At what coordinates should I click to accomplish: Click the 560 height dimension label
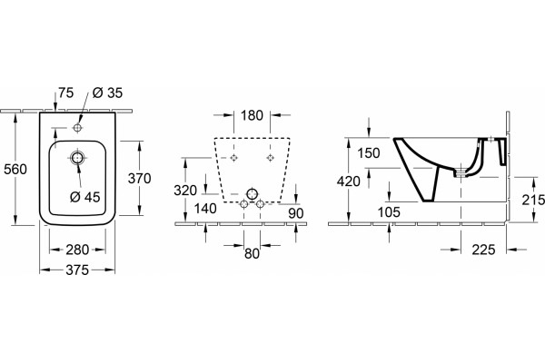click(x=15, y=169)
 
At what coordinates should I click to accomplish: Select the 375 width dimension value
click(x=77, y=270)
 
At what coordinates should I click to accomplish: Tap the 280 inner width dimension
click(x=77, y=250)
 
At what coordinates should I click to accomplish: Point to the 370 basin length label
click(x=139, y=178)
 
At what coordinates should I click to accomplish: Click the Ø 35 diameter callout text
click(x=108, y=93)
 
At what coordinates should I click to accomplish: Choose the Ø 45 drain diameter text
click(x=85, y=197)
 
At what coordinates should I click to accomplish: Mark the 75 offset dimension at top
click(x=65, y=93)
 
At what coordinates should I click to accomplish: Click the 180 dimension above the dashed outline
click(x=252, y=115)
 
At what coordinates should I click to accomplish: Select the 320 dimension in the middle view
click(x=185, y=191)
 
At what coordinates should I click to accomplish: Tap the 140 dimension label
click(x=205, y=209)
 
